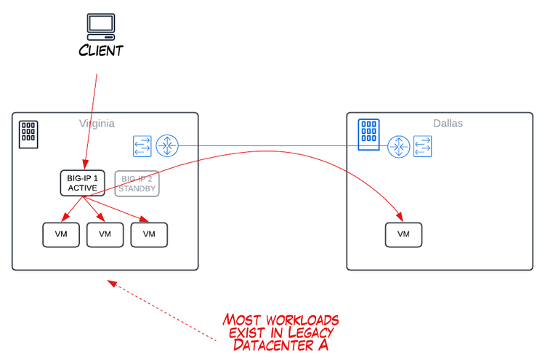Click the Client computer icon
101,26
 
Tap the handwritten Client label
101,51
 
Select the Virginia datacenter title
97,124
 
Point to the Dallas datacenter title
448,124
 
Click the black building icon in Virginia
28,134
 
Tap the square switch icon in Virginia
142,146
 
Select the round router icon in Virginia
167,146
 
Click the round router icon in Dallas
397,146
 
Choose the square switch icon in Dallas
422,146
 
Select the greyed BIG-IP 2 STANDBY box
137,183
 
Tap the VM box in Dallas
403,234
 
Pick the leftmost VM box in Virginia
61,234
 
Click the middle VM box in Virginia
105,234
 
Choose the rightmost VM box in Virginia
150,234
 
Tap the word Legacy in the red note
299,332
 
